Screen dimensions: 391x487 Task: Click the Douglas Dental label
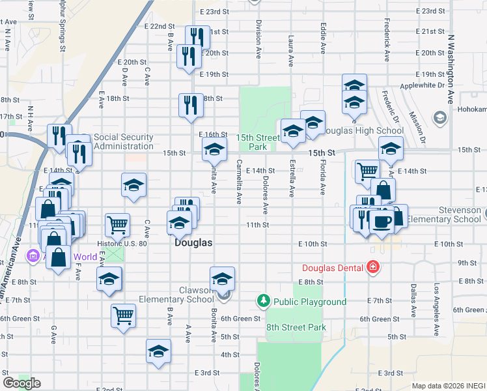[x=333, y=268]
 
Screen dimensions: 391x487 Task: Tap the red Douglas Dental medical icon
[x=372, y=267]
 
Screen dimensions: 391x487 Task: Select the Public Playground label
[x=309, y=301]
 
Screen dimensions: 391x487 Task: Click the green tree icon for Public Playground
[x=264, y=300]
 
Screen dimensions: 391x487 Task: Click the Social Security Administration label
[x=123, y=141]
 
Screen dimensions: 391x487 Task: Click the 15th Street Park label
[x=258, y=142]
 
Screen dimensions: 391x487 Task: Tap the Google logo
[x=21, y=383]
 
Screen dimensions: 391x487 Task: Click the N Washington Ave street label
[x=450, y=69]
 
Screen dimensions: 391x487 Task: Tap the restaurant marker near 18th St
[x=190, y=106]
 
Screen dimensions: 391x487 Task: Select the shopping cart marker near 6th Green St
[x=123, y=316]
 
